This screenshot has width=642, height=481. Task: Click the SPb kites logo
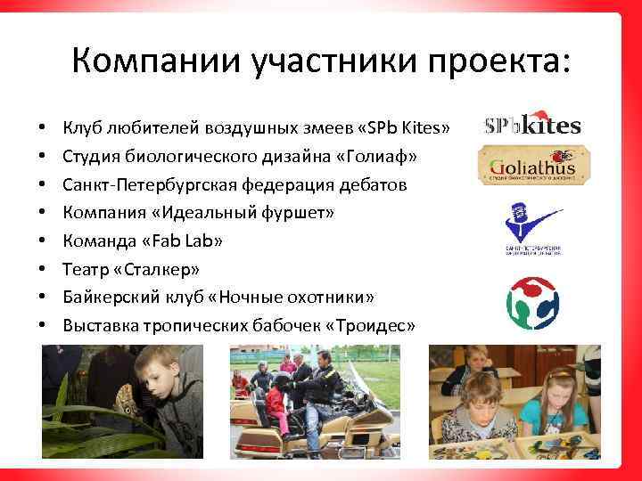[x=532, y=125]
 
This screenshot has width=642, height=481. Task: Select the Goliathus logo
[x=533, y=166]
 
